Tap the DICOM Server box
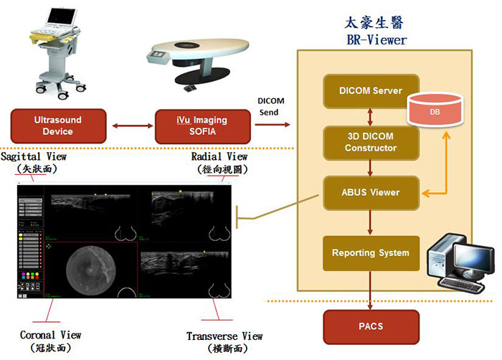tap(370, 91)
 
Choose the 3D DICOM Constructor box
tap(370, 142)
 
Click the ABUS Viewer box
tap(370, 192)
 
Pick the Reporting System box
tap(370, 252)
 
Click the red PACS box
tap(370, 327)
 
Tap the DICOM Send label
tap(272, 107)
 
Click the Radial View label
tap(219, 156)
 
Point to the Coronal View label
tap(50, 335)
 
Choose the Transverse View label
tap(224, 336)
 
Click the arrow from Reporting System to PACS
tap(370, 291)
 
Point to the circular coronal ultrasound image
tap(91, 267)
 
